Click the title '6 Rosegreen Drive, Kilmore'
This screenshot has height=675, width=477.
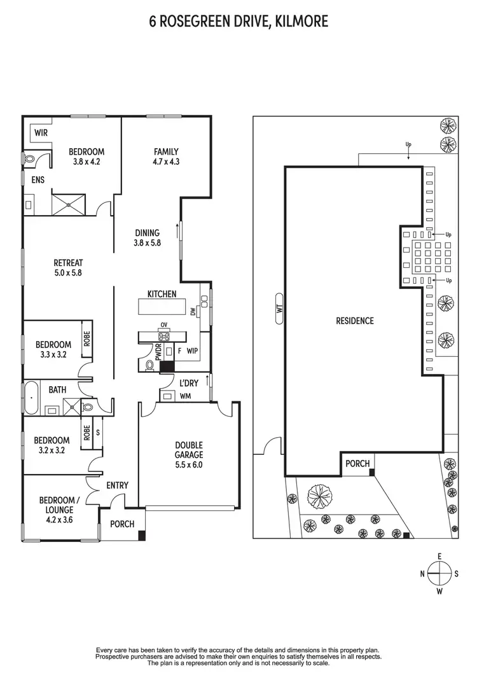pos(238,22)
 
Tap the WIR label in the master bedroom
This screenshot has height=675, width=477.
pos(41,133)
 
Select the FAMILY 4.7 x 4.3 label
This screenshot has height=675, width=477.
pos(166,157)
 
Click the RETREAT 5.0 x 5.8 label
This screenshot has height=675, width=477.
pos(68,267)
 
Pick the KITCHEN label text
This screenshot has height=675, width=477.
pos(162,294)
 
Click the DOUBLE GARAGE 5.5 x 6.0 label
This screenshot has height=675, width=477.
pos(190,455)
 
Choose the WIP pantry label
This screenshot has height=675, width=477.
pos(193,351)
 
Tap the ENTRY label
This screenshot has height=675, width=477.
pos(117,485)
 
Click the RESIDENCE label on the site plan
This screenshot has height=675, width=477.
pos(355,321)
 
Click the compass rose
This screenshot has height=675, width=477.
pos(439,573)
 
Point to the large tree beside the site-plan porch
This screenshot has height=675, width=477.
pos(320,493)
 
